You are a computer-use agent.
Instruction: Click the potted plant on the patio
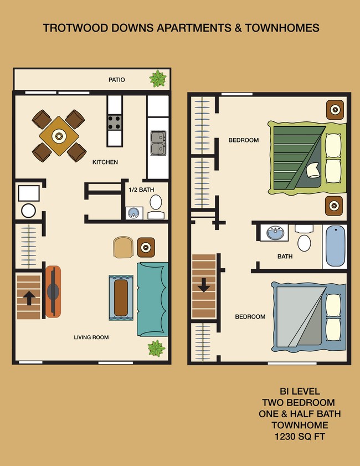(158, 79)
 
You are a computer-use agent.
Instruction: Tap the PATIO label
(117, 80)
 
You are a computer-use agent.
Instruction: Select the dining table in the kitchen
(59, 135)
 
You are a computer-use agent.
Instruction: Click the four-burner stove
(115, 122)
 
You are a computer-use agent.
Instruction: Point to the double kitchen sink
(158, 142)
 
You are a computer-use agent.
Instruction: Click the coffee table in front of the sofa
(121, 297)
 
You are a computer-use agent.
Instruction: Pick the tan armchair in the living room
(124, 248)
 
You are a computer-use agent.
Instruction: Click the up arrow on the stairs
(29, 298)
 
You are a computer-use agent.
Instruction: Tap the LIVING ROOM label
(91, 337)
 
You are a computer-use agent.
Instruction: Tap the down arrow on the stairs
(203, 286)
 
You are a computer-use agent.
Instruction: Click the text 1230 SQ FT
(300, 437)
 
